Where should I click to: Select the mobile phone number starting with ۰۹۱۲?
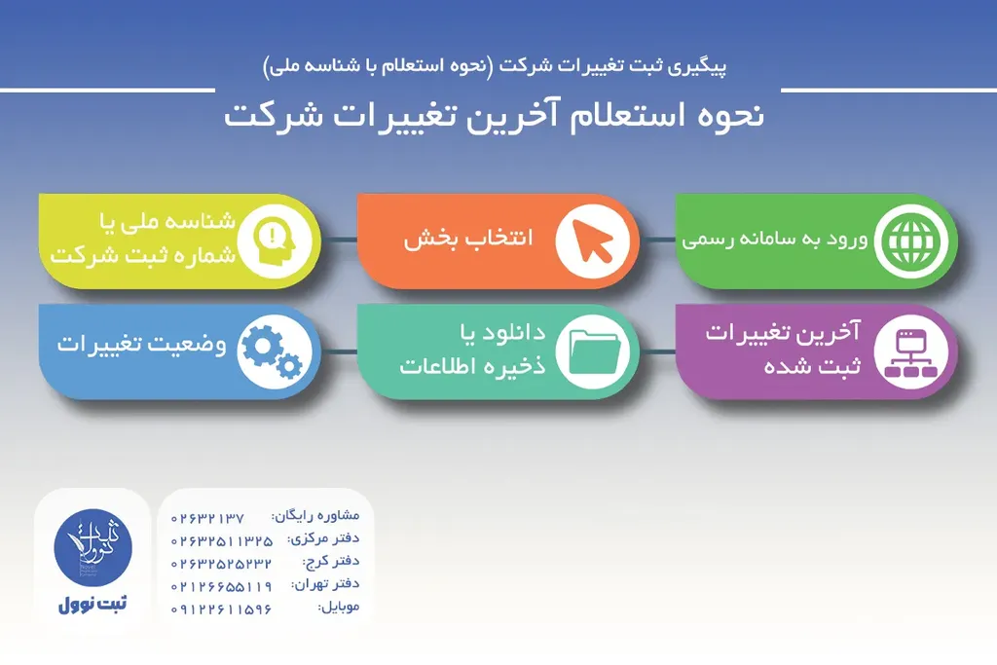click(221, 610)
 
